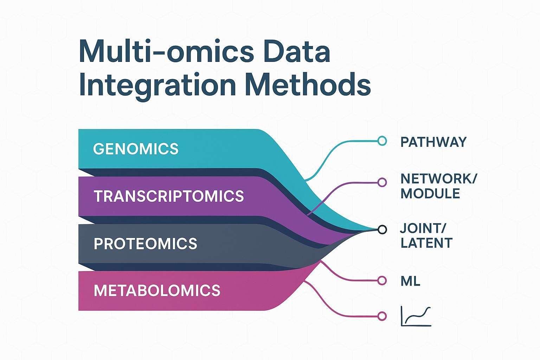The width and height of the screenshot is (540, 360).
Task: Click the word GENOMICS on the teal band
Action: click(x=136, y=149)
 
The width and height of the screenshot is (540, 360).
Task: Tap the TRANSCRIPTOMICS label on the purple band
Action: click(x=169, y=196)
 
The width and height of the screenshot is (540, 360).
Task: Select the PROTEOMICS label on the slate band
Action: click(x=145, y=244)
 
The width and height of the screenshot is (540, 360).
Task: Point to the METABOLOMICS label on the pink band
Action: click(x=157, y=290)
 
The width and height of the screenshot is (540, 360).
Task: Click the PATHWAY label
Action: click(x=433, y=142)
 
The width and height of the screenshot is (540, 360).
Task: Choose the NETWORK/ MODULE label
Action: click(x=438, y=186)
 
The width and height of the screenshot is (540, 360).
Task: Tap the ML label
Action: click(x=410, y=281)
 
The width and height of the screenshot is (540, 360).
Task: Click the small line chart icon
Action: click(x=416, y=316)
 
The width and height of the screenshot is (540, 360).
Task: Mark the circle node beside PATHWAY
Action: click(x=382, y=141)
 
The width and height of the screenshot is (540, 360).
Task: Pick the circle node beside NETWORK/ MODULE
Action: click(x=382, y=182)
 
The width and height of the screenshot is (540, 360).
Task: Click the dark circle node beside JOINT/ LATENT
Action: click(x=382, y=230)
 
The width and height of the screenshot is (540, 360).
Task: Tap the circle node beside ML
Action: click(x=382, y=280)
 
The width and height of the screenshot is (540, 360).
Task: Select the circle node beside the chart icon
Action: click(x=382, y=316)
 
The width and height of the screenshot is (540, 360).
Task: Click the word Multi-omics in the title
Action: click(x=165, y=52)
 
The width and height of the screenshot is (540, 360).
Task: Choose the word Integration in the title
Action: click(x=157, y=85)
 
